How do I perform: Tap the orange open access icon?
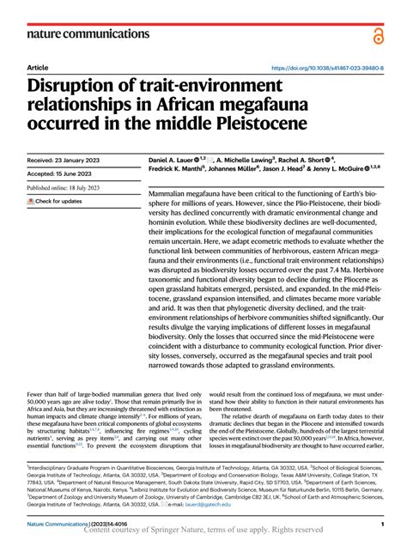[377, 33]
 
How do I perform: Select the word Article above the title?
[38, 66]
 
